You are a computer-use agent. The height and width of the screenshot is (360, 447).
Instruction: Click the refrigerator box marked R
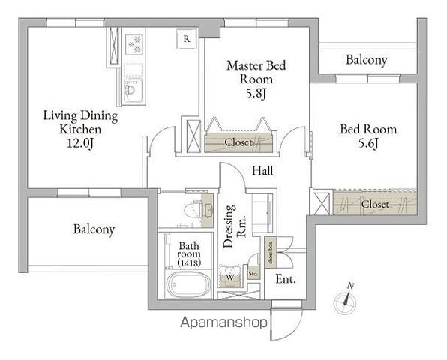pos(187,39)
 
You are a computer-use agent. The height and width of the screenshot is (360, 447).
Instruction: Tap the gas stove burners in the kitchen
pos(134,44)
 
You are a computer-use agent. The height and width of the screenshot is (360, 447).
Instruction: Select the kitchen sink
pos(133,90)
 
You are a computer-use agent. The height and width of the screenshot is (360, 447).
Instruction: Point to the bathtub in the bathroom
pos(188,284)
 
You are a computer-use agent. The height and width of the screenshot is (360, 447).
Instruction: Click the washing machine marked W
pos(230,276)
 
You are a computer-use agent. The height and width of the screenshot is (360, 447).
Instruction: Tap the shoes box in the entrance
pos(270,253)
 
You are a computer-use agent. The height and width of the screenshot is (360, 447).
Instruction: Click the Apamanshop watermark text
pos(224,322)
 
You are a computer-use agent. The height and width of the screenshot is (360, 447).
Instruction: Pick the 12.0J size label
pos(80,143)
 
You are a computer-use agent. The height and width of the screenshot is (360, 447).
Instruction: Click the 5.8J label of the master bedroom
pos(256,93)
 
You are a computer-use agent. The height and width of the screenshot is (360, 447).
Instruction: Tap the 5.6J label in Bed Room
pos(368,143)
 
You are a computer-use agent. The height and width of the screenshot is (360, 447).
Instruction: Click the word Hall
pos(262,171)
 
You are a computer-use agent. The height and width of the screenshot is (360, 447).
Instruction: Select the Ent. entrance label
pos(286,279)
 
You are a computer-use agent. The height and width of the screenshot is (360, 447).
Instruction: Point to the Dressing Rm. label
pos(234,226)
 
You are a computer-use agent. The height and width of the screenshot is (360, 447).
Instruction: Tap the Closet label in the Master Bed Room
pos(238,142)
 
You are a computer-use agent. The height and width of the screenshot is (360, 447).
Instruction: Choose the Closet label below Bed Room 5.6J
pos(375,204)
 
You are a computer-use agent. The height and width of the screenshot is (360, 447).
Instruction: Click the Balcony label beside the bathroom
pos(94,229)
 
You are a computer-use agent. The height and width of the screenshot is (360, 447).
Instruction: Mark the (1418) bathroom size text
pos(189,262)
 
